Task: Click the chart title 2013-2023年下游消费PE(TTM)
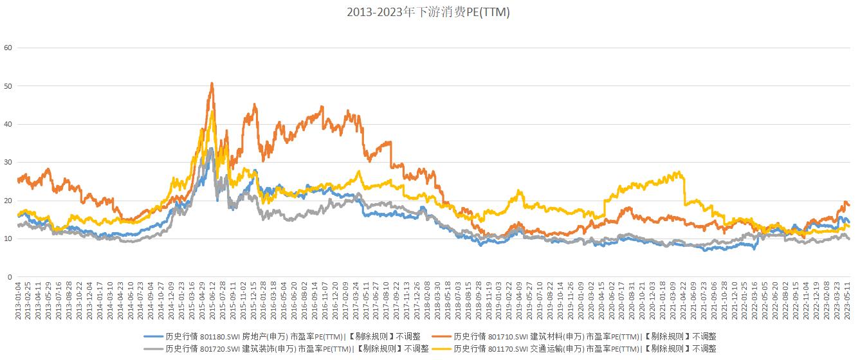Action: coord(428,12)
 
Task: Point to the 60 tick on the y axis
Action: coord(8,48)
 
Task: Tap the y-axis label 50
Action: coord(8,86)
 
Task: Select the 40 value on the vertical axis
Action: coord(8,124)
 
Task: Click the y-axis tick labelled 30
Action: coord(8,163)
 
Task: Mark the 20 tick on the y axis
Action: coord(8,201)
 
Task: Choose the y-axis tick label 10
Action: coord(8,239)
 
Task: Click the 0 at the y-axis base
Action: coord(10,277)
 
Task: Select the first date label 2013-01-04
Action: coord(18,301)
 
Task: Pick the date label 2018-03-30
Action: coord(437,301)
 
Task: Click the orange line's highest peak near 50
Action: coord(212,83)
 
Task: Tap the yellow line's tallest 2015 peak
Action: coord(213,112)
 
